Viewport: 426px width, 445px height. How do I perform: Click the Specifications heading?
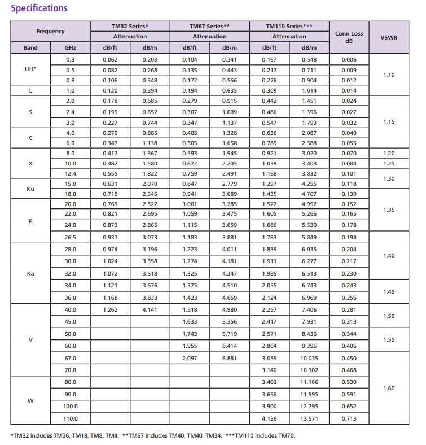39,8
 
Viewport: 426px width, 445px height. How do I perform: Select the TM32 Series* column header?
130,26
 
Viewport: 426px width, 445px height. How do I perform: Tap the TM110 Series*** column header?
289,26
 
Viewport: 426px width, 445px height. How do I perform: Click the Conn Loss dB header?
349,37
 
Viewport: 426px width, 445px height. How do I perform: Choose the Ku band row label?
31,189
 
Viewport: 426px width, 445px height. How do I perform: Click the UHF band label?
31,70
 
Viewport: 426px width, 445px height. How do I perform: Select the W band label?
31,401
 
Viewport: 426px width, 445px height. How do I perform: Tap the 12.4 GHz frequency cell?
70,173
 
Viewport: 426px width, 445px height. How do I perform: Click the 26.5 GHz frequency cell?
70,237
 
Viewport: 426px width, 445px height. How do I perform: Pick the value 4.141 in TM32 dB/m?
150,309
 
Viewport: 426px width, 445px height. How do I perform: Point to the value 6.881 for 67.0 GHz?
230,358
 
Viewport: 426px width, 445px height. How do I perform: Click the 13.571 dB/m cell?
309,419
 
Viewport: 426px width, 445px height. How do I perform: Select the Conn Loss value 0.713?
349,419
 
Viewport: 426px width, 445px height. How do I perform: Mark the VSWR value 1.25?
388,163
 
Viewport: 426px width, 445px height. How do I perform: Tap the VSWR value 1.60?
388,389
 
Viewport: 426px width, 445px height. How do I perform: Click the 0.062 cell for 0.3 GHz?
110,59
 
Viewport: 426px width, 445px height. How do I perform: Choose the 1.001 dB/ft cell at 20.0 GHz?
190,204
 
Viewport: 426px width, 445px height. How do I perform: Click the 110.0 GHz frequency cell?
70,419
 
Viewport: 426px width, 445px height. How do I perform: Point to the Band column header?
31,48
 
